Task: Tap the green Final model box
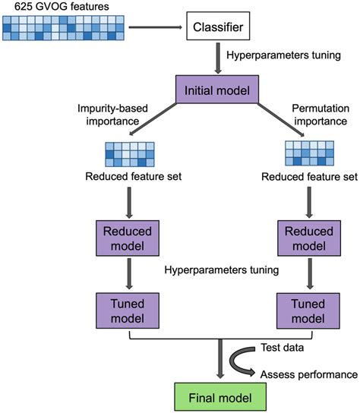click(x=219, y=395)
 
